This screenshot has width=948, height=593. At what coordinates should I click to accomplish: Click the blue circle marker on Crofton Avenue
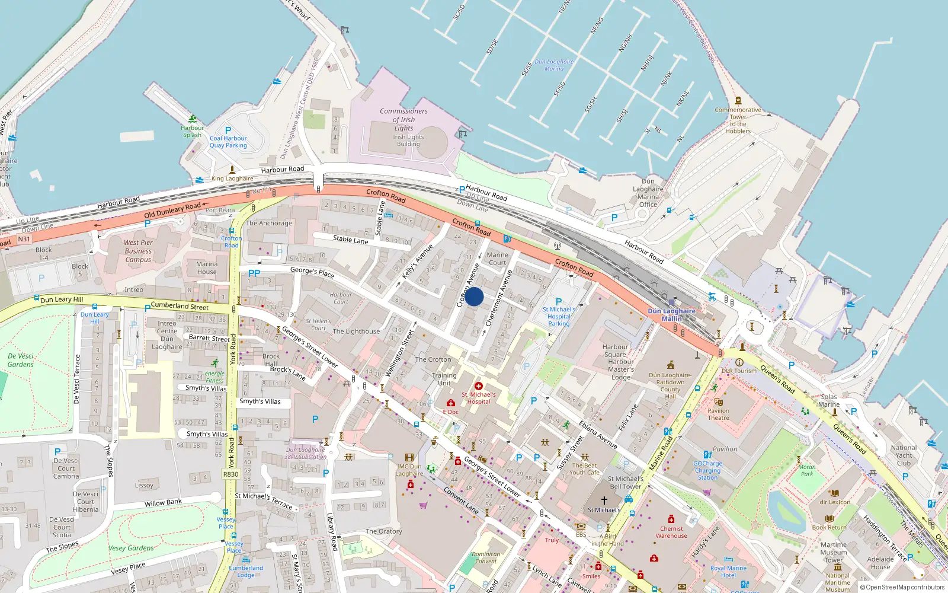coord(474,296)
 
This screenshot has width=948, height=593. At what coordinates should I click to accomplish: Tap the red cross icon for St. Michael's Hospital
coord(479,386)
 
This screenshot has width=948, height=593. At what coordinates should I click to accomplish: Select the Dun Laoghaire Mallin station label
coord(671,314)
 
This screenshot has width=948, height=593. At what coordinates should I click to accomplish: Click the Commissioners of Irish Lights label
coord(403,119)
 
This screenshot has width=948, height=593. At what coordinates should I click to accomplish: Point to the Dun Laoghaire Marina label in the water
coord(554,65)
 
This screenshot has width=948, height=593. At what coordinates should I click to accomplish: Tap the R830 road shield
coord(230,474)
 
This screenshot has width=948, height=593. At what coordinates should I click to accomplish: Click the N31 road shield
coord(24,239)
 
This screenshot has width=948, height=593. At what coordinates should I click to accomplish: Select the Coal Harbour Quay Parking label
coord(228,142)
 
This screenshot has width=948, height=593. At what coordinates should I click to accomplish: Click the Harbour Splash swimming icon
coord(192,119)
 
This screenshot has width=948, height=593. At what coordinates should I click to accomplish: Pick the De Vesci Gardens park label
coord(21,360)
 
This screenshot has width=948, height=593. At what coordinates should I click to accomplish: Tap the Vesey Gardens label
coord(131,548)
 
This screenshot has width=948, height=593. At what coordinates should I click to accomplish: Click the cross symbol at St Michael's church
coord(604,500)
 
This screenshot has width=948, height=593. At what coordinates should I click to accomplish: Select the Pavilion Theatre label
coord(718,414)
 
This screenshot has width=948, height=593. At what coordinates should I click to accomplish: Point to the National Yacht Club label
coord(904,455)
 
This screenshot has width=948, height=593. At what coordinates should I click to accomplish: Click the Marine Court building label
coord(497,259)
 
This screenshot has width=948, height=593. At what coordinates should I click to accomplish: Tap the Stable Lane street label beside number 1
coord(350,240)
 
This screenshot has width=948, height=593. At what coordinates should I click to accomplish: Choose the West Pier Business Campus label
coord(138,251)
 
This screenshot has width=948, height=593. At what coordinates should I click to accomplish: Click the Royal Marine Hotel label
coord(728,572)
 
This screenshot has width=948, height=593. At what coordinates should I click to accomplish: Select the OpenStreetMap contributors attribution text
coord(902,587)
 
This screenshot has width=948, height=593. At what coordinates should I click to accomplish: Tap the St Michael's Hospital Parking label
coord(559,316)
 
